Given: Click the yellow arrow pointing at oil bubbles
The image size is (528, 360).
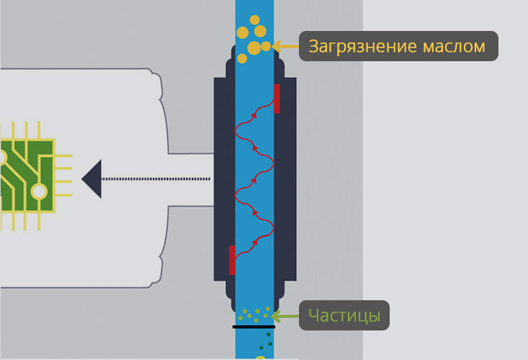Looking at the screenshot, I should [x=285, y=47].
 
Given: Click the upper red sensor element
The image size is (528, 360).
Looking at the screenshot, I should [x=277, y=99].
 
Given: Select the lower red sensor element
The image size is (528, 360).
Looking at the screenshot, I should [x=232, y=260].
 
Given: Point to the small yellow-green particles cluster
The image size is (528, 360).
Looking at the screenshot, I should [x=255, y=314].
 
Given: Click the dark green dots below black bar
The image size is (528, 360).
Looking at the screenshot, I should [x=267, y=341].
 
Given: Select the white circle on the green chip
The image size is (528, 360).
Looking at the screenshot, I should [x=38, y=191].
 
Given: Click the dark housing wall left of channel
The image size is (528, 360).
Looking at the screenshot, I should [x=224, y=180].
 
